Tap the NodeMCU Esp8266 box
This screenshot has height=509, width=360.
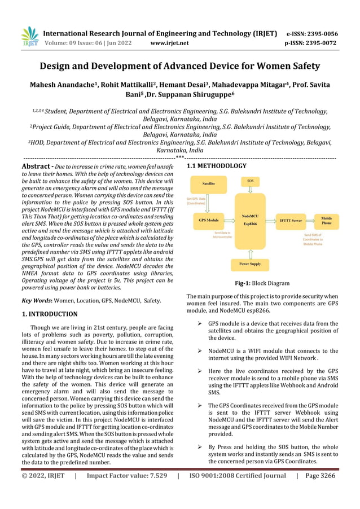click(x=251, y=219)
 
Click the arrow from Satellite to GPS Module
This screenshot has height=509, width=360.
click(x=209, y=201)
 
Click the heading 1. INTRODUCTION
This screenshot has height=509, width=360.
click(x=50, y=314)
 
